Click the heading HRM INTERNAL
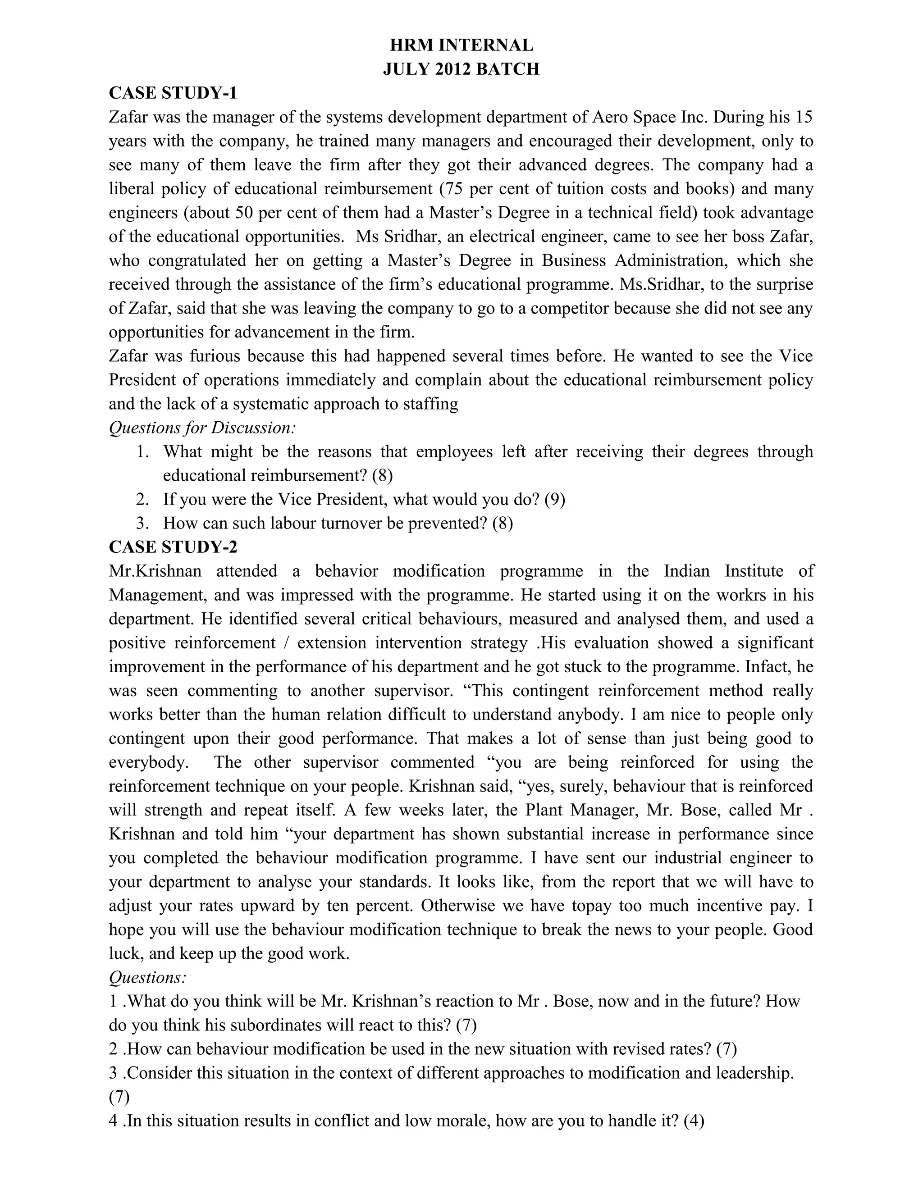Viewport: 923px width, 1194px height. pyautogui.click(x=461, y=45)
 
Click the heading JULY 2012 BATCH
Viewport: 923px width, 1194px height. pyautogui.click(x=461, y=69)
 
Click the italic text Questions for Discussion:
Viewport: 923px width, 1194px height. pyautogui.click(x=202, y=428)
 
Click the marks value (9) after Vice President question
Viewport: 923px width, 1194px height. pyautogui.click(x=554, y=499)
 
